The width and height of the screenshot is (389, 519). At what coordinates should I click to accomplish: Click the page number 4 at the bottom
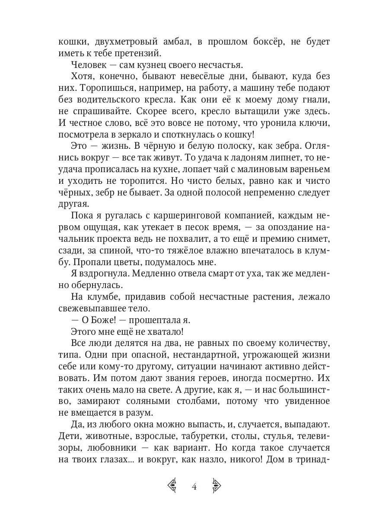(194, 487)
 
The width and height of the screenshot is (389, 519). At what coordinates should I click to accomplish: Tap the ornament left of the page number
(172, 486)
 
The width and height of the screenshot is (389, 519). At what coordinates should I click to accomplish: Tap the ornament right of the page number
(216, 486)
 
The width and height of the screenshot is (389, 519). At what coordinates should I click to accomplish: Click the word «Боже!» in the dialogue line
(99, 320)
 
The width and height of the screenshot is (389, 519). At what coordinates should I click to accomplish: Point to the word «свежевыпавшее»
(89, 309)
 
